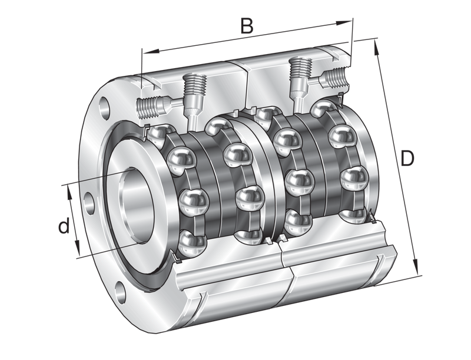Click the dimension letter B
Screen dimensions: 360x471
[x=248, y=26]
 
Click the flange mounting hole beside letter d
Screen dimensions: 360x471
[x=89, y=202]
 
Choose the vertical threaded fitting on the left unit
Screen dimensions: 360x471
[x=192, y=91]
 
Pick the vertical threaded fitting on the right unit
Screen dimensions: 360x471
[x=300, y=73]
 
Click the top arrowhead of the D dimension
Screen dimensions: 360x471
[x=377, y=44]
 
